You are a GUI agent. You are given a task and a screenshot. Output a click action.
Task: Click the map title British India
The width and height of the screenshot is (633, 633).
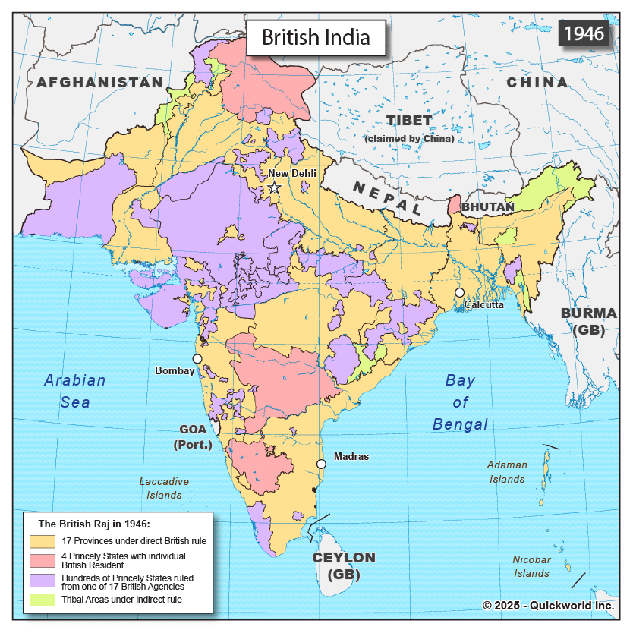click(x=316, y=36)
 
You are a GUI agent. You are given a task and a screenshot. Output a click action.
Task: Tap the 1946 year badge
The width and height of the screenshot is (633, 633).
click(x=584, y=34)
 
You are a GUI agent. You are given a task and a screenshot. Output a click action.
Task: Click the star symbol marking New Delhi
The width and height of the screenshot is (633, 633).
click(x=274, y=187)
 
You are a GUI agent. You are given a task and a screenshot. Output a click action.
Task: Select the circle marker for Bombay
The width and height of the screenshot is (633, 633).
click(x=197, y=358)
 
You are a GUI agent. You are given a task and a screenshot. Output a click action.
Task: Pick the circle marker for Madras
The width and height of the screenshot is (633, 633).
click(x=321, y=464)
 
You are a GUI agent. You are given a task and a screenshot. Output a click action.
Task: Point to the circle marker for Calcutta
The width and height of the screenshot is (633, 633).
click(x=459, y=293)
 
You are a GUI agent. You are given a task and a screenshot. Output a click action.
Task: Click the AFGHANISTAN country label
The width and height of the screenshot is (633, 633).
click(x=99, y=82)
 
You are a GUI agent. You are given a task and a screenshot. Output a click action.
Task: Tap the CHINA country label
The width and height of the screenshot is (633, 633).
click(x=537, y=82)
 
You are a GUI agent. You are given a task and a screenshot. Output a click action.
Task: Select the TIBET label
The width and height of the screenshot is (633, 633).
click(x=409, y=121)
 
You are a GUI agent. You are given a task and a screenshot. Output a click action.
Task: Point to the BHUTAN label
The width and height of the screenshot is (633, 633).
click(x=488, y=206)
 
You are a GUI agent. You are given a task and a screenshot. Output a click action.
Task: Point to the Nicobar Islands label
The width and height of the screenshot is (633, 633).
click(x=531, y=566)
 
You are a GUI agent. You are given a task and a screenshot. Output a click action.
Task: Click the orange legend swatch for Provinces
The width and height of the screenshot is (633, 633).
click(x=43, y=541)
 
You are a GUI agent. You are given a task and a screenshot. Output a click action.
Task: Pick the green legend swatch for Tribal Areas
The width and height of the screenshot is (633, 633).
click(x=43, y=600)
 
